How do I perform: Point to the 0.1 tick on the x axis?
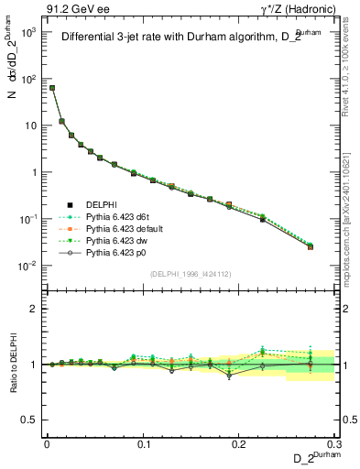coord(143,442)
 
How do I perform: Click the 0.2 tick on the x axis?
coord(239,442)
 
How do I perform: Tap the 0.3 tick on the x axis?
coord(334,442)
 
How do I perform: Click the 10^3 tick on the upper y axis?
coord(32,31)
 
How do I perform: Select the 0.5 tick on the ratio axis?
coord(34,420)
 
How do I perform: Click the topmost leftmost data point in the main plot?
coord(52,88)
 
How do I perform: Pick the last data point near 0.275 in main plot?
coord(311,246)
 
